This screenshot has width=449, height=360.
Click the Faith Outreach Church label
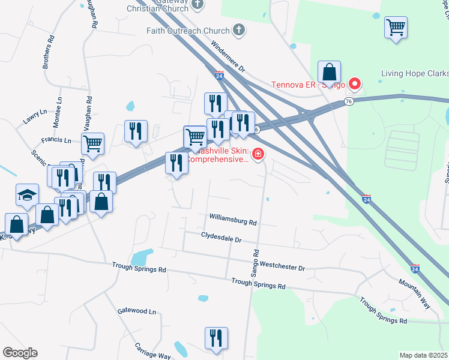(x=188, y=31)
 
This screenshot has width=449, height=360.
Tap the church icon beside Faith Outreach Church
(x=239, y=31)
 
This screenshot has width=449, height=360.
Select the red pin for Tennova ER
(x=354, y=84)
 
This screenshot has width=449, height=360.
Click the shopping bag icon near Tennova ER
(x=330, y=73)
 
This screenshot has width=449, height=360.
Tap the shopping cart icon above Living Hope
(x=396, y=28)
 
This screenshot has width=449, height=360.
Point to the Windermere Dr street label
(x=228, y=57)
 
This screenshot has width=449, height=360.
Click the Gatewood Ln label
(x=137, y=311)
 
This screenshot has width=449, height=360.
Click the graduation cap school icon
(x=27, y=195)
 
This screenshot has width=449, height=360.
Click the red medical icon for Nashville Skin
(x=258, y=155)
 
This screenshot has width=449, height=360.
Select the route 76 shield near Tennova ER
(x=348, y=103)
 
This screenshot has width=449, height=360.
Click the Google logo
(x=20, y=353)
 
